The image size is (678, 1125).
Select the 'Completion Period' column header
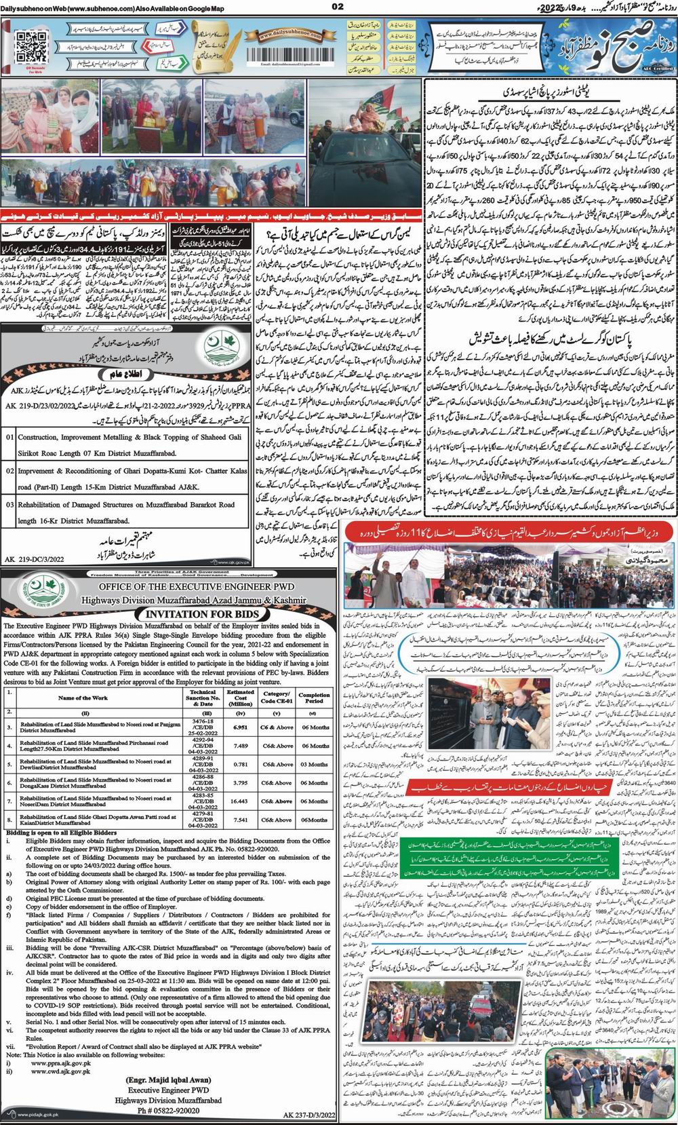315,697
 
